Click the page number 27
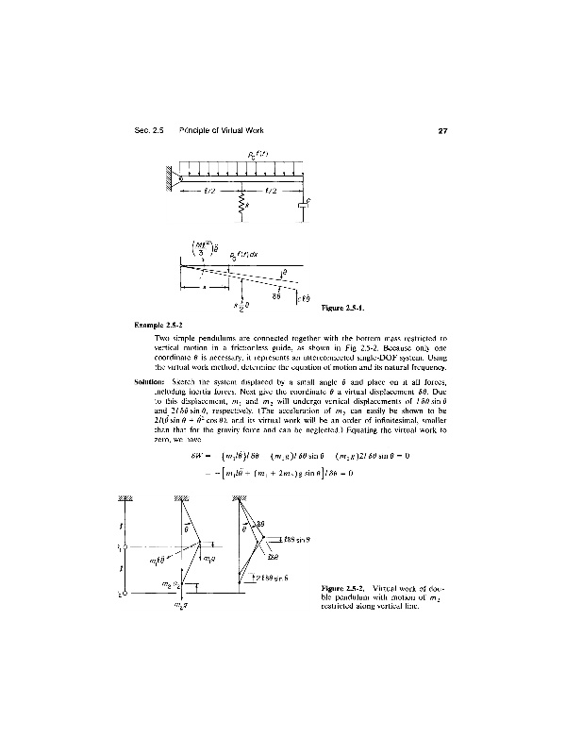tap(441, 130)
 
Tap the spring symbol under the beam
tap(243, 207)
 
